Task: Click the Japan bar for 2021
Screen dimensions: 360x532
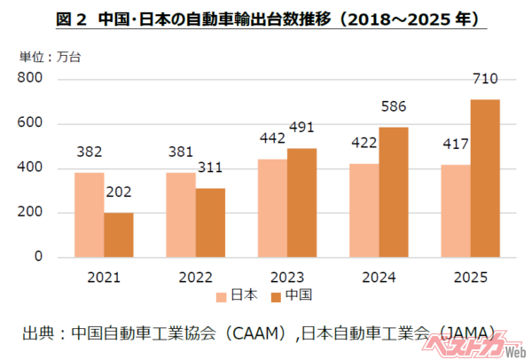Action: coord(90,215)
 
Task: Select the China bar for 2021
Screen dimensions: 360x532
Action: coord(118,235)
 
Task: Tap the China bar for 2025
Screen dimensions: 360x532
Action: coord(485,178)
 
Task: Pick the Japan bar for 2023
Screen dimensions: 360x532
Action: coord(272,208)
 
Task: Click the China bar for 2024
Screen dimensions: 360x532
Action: coord(394,192)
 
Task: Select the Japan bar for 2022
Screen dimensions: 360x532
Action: coord(181,215)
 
